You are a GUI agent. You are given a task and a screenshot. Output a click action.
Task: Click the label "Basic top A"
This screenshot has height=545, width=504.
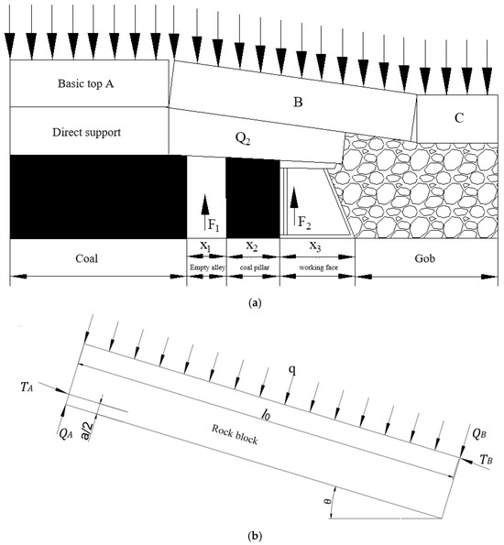click(85, 83)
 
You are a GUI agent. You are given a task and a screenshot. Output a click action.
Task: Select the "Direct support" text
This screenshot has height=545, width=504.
click(87, 133)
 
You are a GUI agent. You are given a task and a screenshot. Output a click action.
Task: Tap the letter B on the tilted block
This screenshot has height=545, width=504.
click(298, 103)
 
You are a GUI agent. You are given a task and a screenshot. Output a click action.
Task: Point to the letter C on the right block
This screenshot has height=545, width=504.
click(459, 118)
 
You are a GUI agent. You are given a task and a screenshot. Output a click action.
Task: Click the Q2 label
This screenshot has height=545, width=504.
click(243, 139)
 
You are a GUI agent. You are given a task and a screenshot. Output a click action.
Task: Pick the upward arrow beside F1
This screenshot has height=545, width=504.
click(205, 213)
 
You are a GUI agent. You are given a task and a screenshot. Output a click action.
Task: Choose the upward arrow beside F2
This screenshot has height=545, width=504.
click(294, 206)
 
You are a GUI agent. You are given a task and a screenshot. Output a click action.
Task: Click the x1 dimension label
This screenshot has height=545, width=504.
click(205, 246)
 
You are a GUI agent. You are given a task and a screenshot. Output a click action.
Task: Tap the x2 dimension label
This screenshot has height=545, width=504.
click(252, 246)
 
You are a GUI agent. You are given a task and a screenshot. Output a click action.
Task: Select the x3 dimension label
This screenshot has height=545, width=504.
click(315, 246)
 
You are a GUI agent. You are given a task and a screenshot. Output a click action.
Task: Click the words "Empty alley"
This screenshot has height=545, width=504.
click(207, 267)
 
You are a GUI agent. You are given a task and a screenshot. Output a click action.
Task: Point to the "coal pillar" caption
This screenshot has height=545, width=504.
click(255, 267)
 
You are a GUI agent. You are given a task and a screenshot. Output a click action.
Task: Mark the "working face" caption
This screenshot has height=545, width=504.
click(319, 267)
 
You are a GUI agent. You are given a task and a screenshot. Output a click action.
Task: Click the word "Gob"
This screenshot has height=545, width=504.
click(424, 258)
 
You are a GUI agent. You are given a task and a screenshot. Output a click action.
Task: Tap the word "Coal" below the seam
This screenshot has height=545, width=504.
click(87, 258)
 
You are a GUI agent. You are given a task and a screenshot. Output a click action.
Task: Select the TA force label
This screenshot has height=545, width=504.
click(27, 387)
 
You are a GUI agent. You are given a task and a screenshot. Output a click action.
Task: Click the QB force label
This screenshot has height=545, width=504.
click(479, 433)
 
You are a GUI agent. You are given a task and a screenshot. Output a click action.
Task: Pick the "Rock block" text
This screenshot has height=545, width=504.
click(235, 434)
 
